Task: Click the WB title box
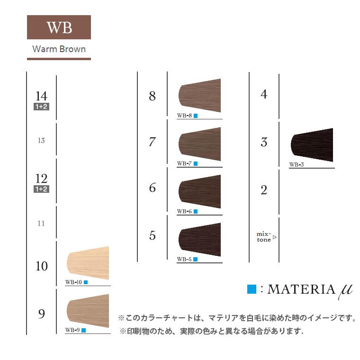(59, 27)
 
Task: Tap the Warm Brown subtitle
(59, 49)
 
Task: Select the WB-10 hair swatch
(88, 263)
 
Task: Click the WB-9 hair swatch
(88, 311)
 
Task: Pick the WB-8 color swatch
(200, 96)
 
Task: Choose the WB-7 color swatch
(200, 144)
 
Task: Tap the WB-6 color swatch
(200, 191)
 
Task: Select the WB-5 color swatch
(200, 240)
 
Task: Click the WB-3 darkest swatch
(312, 145)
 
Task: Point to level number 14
(41, 96)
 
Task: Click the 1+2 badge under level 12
(41, 189)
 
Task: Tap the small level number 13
(41, 141)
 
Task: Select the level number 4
(264, 94)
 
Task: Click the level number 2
(264, 190)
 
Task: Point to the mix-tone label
(264, 237)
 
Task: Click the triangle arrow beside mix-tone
(275, 237)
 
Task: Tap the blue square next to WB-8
(196, 116)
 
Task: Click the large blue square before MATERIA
(252, 289)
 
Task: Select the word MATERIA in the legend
(301, 289)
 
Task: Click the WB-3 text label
(297, 165)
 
